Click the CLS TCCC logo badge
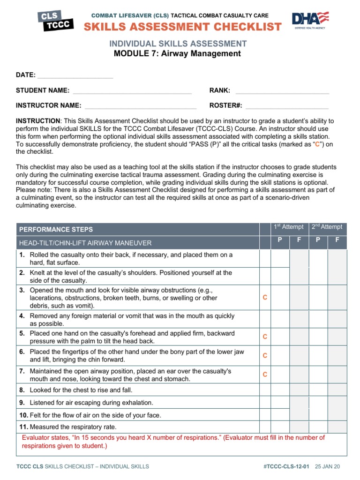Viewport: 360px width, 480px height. (x=55, y=21)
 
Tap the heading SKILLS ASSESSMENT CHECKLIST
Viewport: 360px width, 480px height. (x=183, y=27)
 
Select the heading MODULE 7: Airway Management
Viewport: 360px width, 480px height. (x=177, y=53)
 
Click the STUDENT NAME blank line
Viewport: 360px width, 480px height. (x=132, y=91)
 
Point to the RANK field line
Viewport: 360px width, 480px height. (x=282, y=91)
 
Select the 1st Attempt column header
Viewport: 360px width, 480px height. (x=289, y=227)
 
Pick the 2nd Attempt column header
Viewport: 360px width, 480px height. (x=327, y=227)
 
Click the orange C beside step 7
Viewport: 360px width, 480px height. (x=265, y=375)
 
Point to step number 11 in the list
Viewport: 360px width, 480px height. (x=23, y=427)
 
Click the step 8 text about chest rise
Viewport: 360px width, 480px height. (x=81, y=390)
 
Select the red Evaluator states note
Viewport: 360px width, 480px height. (x=173, y=442)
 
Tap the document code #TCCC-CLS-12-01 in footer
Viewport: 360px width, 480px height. (x=287, y=466)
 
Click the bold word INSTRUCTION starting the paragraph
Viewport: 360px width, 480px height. (x=38, y=121)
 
